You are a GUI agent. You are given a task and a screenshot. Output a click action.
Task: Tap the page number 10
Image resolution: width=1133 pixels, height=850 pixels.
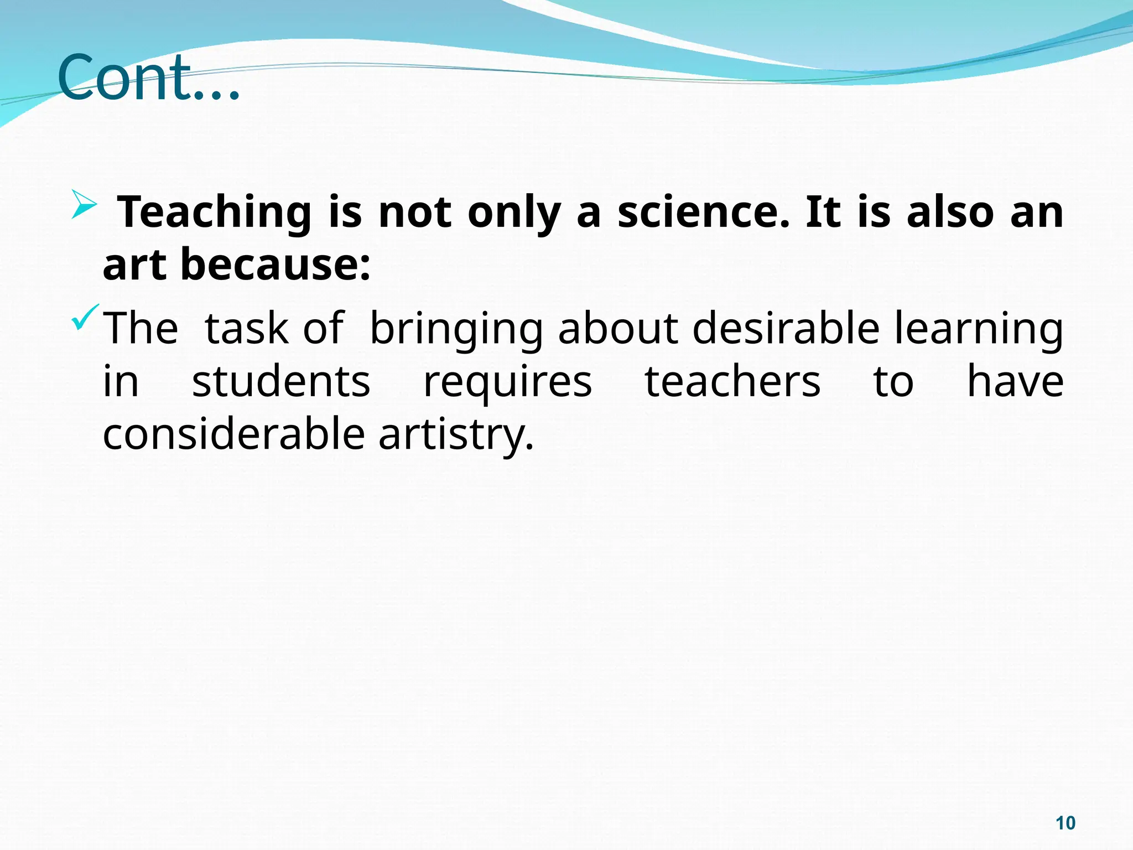pyautogui.click(x=1065, y=823)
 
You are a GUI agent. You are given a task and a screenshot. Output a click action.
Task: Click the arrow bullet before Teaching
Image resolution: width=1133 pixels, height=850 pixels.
pyautogui.click(x=84, y=204)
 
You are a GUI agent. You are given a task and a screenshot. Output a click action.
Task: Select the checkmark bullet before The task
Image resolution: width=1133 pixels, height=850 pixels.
pyautogui.click(x=85, y=318)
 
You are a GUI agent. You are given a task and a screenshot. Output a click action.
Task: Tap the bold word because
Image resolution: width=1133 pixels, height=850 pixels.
pyautogui.click(x=275, y=265)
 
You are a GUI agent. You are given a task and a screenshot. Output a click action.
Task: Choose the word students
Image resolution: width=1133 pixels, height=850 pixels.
pyautogui.click(x=281, y=382)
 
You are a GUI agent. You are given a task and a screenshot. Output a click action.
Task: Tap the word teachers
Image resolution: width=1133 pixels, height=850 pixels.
pyautogui.click(x=732, y=382)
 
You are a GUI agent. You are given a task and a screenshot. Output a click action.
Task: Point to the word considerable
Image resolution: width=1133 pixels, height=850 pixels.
pyautogui.click(x=234, y=434)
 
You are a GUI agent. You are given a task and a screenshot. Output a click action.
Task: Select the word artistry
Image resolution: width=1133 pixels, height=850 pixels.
pyautogui.click(x=456, y=435)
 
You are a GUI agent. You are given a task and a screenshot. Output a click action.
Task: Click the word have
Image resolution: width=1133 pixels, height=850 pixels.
pyautogui.click(x=1015, y=382)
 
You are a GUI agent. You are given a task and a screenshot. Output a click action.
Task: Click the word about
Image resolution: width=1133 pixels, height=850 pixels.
pyautogui.click(x=618, y=329)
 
